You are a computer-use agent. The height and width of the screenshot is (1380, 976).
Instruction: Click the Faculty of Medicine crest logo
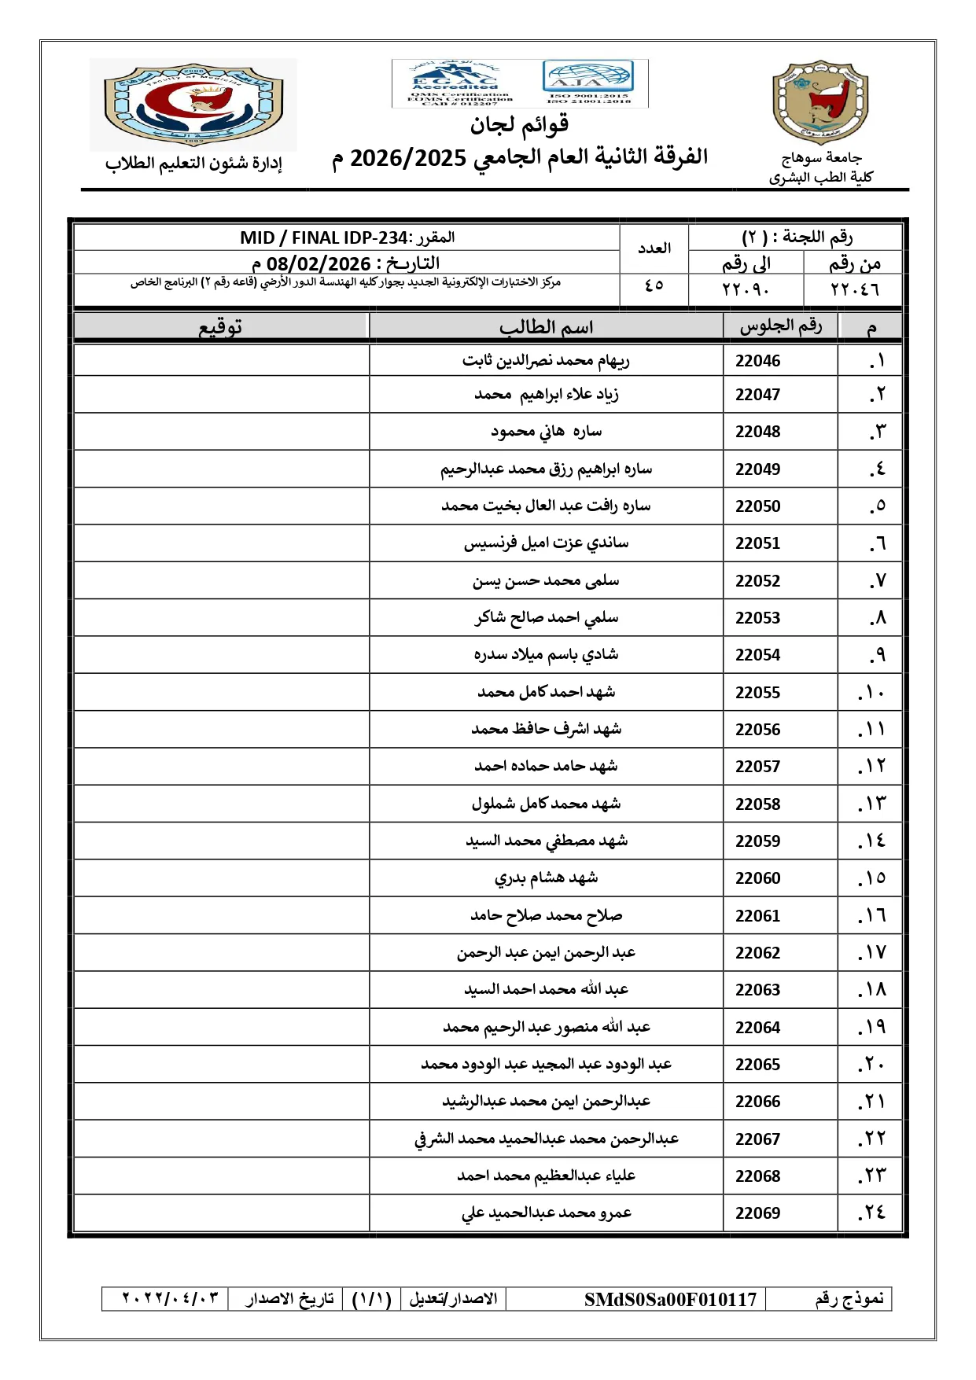coord(193,105)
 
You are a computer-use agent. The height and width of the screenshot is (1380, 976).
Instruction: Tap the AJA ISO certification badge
coord(588,82)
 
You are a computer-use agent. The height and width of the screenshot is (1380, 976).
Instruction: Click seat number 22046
coord(757,361)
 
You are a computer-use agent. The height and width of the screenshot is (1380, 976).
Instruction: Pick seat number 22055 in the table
coord(757,693)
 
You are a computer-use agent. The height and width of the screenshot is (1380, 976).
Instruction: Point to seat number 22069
coord(757,1213)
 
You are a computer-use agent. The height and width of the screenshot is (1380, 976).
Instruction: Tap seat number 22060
coord(757,878)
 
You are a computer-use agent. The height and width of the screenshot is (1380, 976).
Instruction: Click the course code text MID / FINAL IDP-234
coord(324,237)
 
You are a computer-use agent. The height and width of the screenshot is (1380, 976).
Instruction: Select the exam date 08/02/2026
coord(319,263)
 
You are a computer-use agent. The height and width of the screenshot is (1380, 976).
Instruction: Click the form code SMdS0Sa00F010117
coord(670,1299)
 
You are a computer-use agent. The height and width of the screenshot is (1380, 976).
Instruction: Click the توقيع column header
coord(220,327)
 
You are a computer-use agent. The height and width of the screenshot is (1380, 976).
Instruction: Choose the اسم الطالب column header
coord(546,327)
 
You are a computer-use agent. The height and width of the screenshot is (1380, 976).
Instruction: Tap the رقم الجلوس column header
coord(780,326)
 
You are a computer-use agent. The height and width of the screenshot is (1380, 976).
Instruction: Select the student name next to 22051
coord(546,543)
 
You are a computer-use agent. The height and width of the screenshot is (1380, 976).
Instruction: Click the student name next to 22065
coord(546,1065)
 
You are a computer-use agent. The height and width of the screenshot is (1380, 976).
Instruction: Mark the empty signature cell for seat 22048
coord(221,432)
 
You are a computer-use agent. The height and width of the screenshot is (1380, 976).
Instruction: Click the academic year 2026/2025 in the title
coord(407,158)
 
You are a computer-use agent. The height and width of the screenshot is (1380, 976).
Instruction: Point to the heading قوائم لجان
coord(519,124)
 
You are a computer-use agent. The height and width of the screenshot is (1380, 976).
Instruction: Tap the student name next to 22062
coord(546,953)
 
